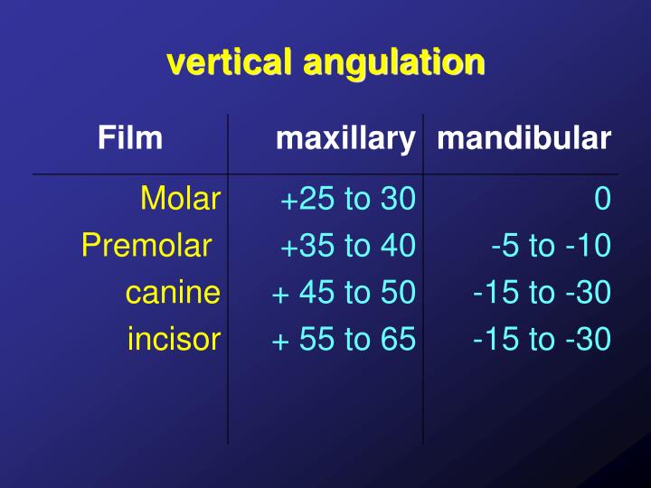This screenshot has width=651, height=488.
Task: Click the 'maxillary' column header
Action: coord(344,139)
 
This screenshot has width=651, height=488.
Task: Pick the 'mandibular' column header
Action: coord(523,138)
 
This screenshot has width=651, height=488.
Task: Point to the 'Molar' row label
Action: coord(181,199)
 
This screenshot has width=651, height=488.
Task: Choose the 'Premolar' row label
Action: coord(146,245)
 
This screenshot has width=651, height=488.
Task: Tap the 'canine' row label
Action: coord(173,292)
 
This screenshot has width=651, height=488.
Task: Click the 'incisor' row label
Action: coord(174,339)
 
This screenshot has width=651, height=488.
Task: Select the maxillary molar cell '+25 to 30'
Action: coord(347,199)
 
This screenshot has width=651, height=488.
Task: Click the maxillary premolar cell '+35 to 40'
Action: coord(347,245)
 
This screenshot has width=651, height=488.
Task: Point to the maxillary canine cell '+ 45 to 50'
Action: coord(344,292)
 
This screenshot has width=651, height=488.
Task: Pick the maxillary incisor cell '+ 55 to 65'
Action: coord(344,339)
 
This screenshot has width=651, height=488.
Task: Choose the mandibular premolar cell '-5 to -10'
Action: coord(551,245)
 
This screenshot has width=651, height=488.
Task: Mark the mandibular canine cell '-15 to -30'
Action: coord(542,292)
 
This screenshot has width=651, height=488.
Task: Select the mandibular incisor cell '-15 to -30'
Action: coord(542,339)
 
